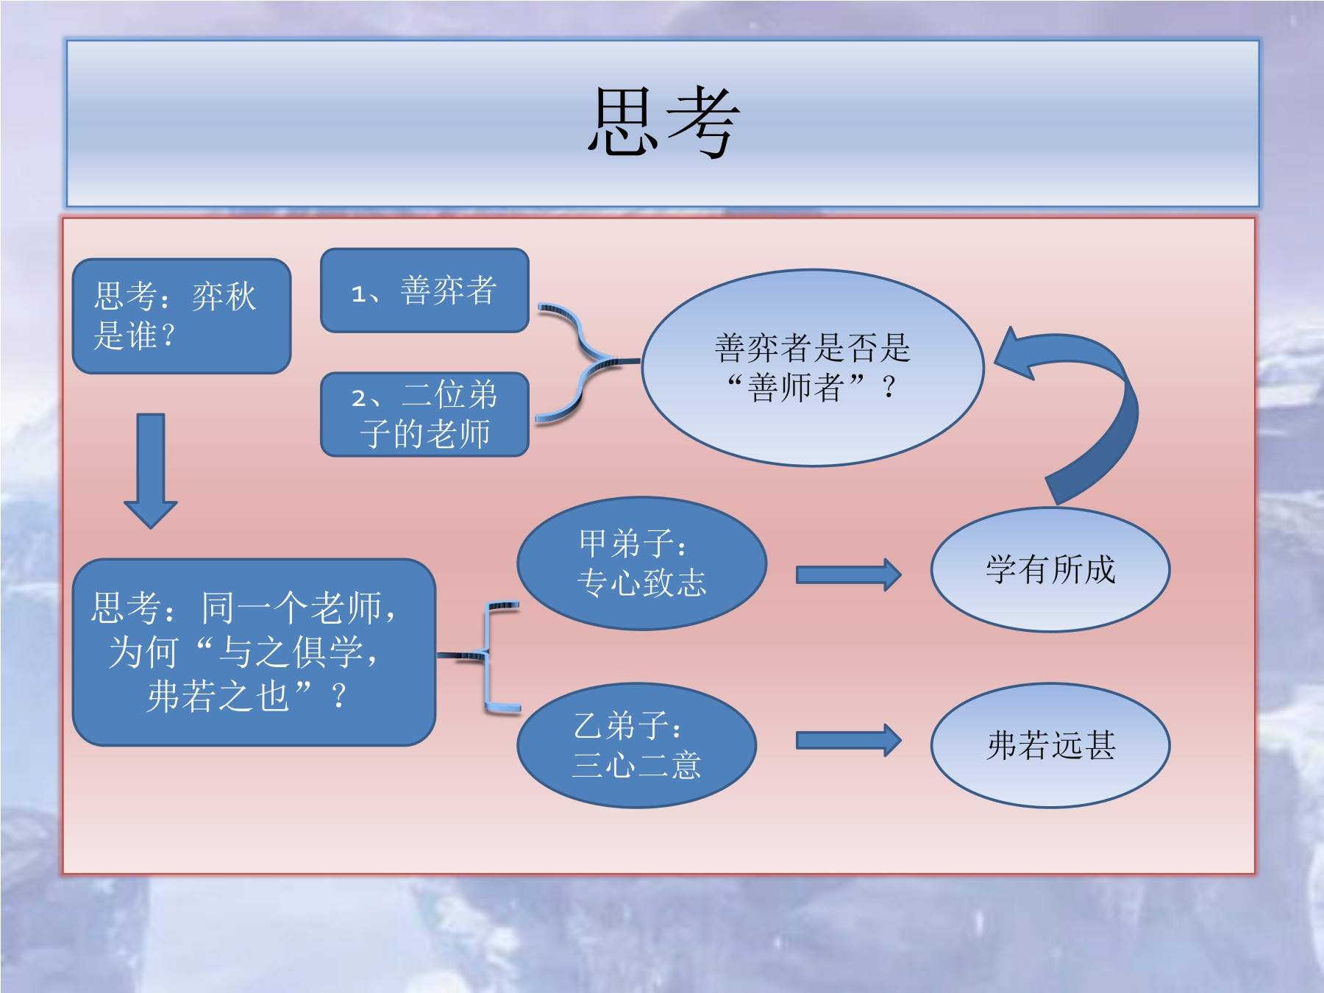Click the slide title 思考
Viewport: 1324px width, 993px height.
662,122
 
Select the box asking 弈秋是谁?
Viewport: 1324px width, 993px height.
181,316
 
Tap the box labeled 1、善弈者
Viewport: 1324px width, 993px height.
424,291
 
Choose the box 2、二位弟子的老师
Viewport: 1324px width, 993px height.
424,414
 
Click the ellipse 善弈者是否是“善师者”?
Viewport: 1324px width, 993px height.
812,368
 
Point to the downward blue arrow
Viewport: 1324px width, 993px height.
151,471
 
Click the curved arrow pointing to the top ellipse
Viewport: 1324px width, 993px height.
1081,412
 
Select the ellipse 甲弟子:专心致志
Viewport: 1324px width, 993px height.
641,563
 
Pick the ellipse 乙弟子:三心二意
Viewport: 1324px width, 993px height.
637,745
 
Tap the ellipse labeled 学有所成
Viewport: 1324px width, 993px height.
1050,569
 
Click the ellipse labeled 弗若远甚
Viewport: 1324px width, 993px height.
1050,745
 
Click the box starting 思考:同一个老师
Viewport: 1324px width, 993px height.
254,652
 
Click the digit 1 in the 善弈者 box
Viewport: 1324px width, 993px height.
358,294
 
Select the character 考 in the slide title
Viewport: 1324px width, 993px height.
702,122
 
